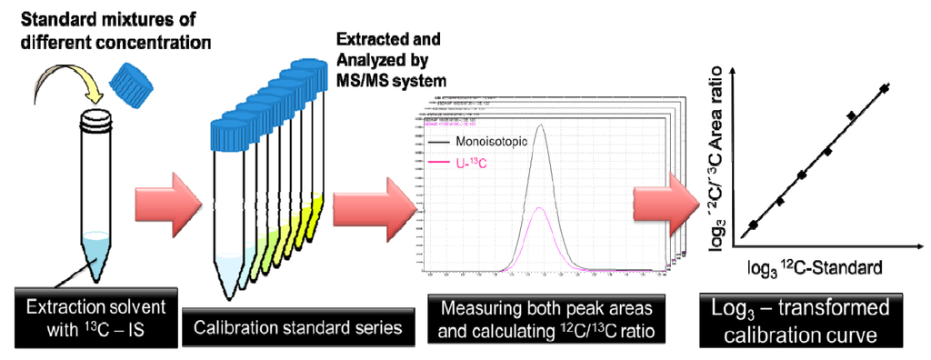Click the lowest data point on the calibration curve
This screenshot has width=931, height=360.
[752, 225]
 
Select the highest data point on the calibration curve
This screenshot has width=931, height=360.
[886, 88]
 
